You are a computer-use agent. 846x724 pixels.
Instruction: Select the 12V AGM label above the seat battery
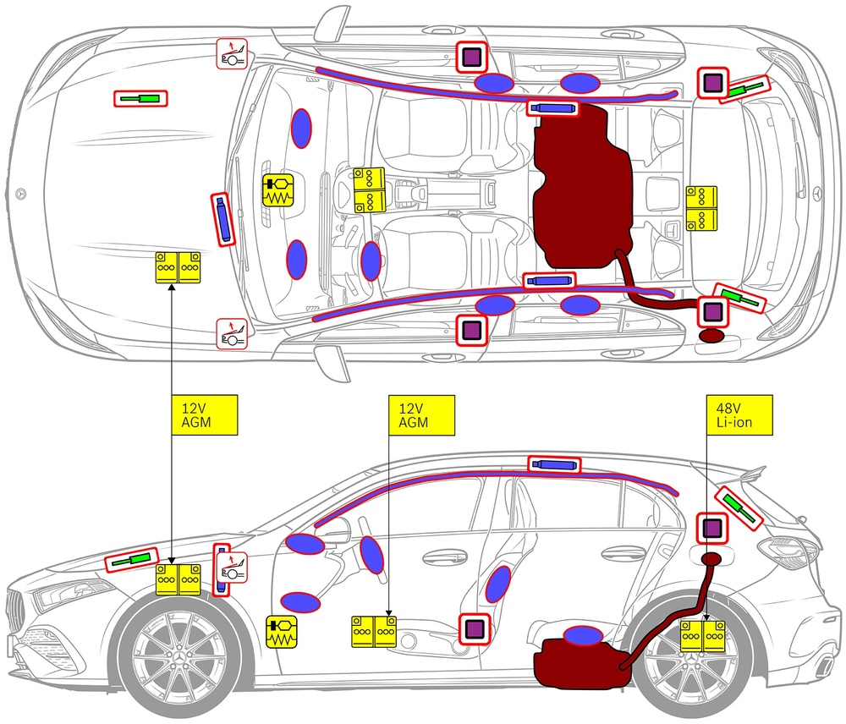pyautogui.click(x=420, y=414)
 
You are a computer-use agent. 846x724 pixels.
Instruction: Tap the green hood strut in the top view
pyautogui.click(x=140, y=98)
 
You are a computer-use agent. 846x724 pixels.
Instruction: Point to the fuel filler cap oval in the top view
pyautogui.click(x=712, y=337)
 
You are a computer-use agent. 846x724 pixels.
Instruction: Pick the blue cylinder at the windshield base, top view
pyautogui.click(x=222, y=218)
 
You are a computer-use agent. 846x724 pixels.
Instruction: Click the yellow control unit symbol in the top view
pyautogui.click(x=278, y=190)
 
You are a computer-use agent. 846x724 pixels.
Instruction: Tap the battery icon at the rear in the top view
pyautogui.click(x=701, y=208)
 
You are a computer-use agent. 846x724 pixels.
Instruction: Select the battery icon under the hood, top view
pyautogui.click(x=178, y=266)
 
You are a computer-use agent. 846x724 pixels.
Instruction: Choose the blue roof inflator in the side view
pyautogui.click(x=554, y=463)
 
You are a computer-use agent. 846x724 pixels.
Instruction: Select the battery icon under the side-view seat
pyautogui.click(x=374, y=632)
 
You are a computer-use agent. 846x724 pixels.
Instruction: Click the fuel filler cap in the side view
pyautogui.click(x=713, y=559)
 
